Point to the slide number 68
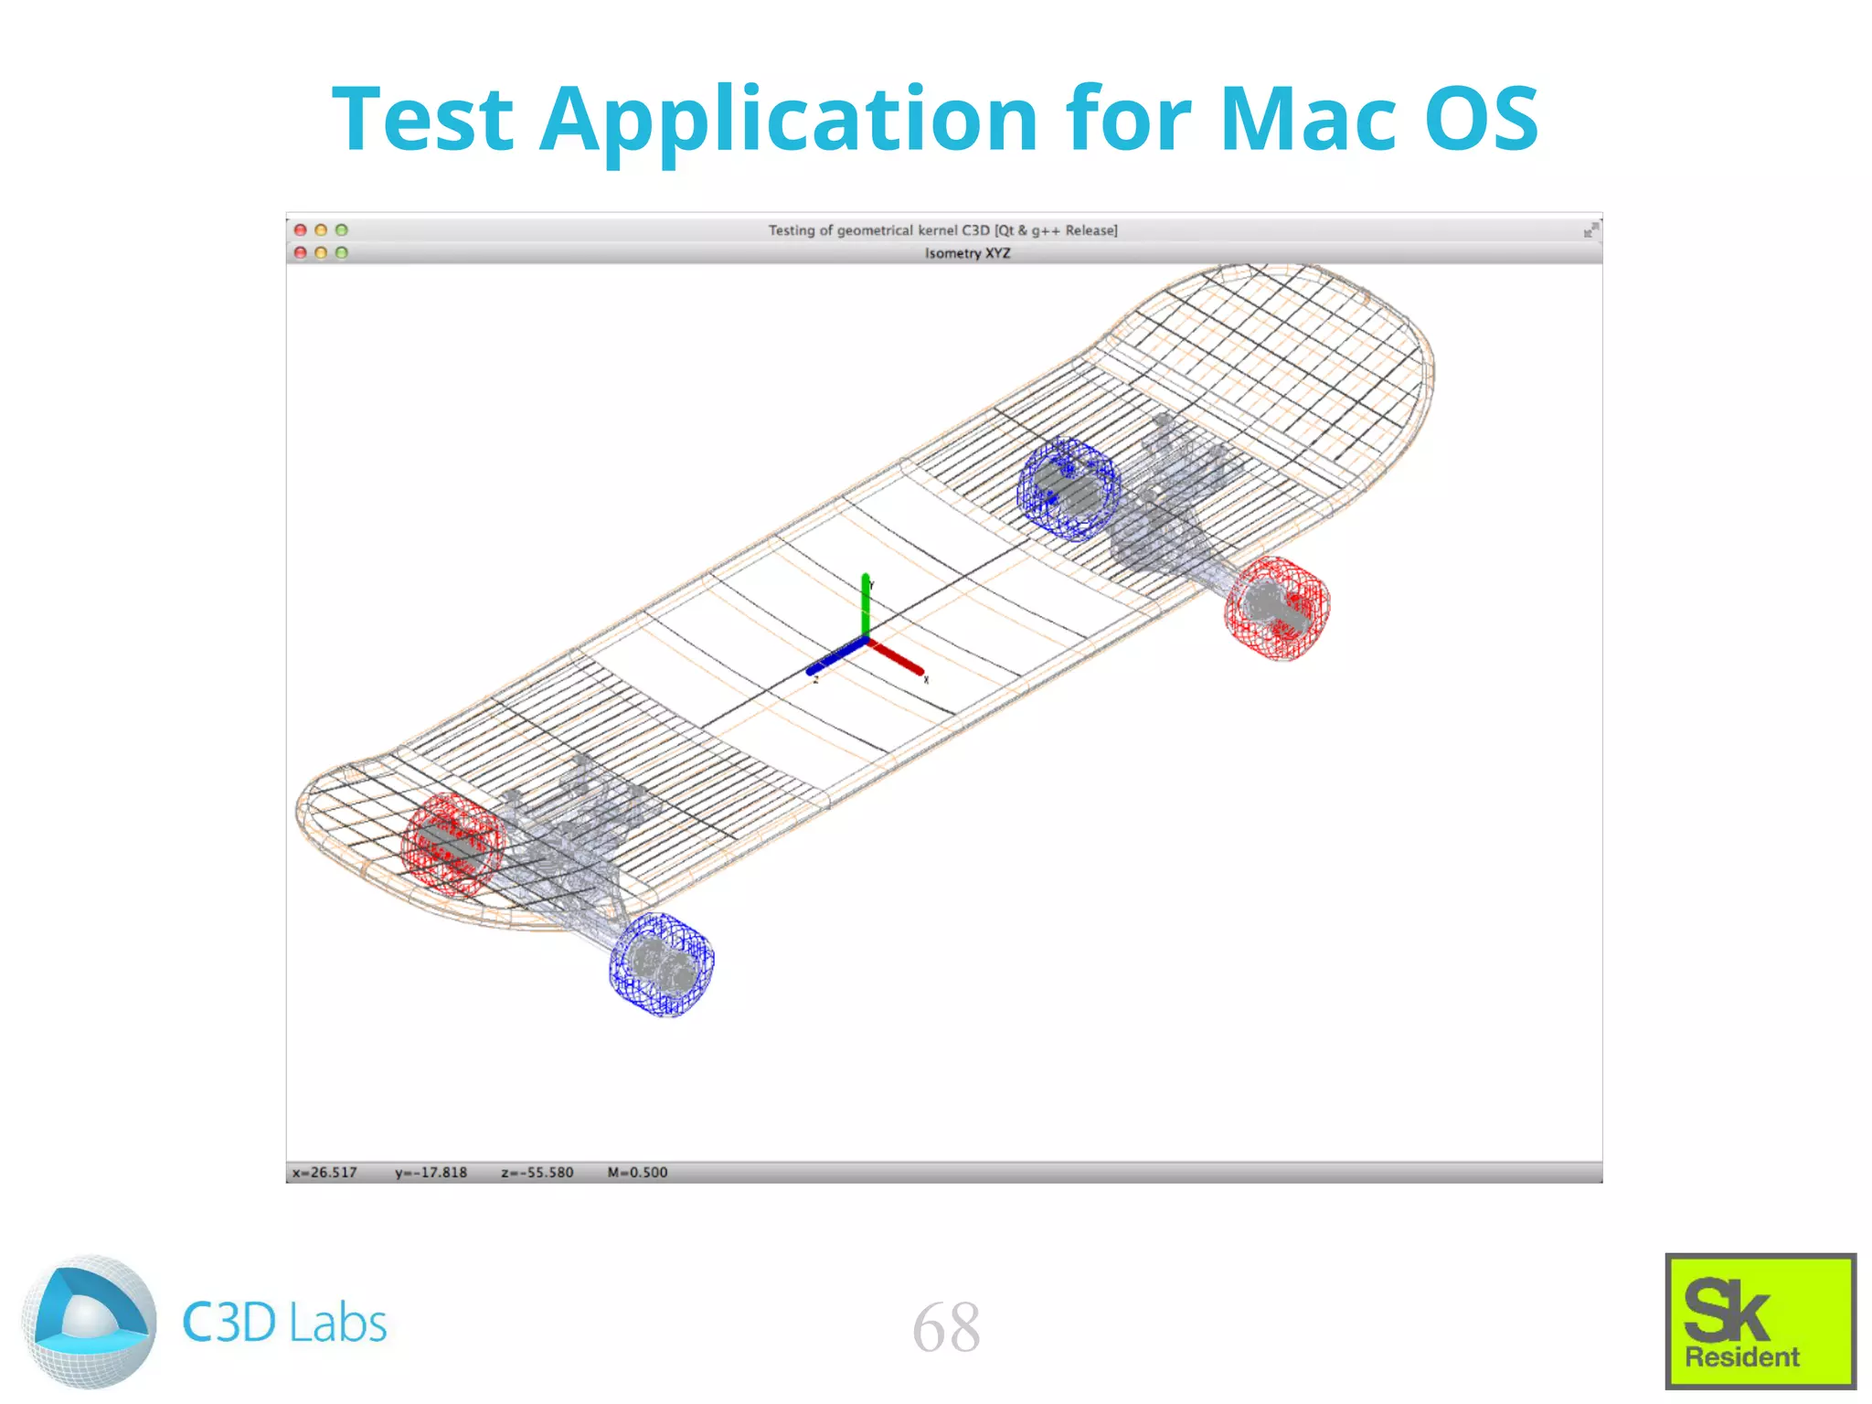pyautogui.click(x=946, y=1327)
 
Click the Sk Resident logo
pyautogui.click(x=1760, y=1321)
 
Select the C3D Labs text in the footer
pyautogui.click(x=284, y=1323)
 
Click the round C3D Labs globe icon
pyautogui.click(x=89, y=1322)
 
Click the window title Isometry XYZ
pyautogui.click(x=967, y=253)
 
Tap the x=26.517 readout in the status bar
pyautogui.click(x=324, y=1173)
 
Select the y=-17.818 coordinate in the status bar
pyautogui.click(x=431, y=1173)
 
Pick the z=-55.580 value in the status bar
pyautogui.click(x=537, y=1173)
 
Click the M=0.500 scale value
pyautogui.click(x=637, y=1173)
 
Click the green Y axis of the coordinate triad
pyautogui.click(x=865, y=603)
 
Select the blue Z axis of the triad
pyautogui.click(x=835, y=658)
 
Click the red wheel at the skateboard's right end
pyautogui.click(x=1277, y=608)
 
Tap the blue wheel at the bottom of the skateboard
pyautogui.click(x=662, y=964)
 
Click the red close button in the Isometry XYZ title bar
pyautogui.click(x=300, y=252)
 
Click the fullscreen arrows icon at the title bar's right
pyautogui.click(x=1590, y=230)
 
